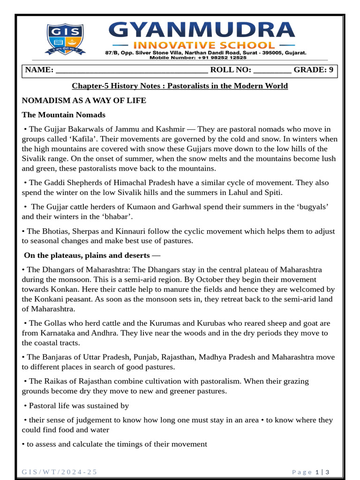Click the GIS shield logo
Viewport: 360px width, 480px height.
tap(65, 39)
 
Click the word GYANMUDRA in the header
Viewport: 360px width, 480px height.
tap(202, 30)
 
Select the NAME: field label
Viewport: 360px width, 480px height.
tap(39, 70)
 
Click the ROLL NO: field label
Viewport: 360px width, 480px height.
tap(231, 70)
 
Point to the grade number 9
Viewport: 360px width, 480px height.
tap(331, 70)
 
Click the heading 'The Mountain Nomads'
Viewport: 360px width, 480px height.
tap(64, 115)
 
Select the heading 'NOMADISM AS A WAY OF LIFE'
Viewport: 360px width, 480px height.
tap(84, 100)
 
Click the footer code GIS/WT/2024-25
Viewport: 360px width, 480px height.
tap(60, 472)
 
